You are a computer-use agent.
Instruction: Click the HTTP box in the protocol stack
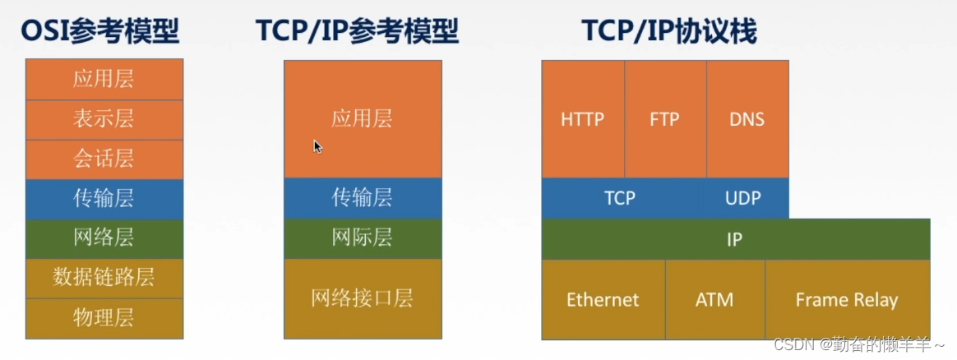[583, 119]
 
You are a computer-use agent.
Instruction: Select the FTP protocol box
[665, 119]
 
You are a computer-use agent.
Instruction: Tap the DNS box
[747, 119]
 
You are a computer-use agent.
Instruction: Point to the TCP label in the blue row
[619, 198]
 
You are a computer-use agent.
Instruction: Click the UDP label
[742, 198]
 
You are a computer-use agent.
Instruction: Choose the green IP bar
[736, 239]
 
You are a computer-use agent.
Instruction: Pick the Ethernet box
[603, 300]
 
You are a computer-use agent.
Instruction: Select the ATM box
[714, 300]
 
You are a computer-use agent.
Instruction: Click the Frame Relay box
[847, 300]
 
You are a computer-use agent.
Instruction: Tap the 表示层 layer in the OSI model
[104, 120]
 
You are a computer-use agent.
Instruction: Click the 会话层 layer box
[104, 159]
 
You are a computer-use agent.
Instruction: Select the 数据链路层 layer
[104, 279]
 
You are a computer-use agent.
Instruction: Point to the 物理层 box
[104, 319]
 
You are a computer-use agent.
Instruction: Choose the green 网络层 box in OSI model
[104, 238]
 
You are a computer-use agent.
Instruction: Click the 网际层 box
[363, 238]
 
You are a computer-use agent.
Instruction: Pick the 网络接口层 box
[363, 299]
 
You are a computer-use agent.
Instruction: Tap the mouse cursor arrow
[317, 145]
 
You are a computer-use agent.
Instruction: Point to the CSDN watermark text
[858, 344]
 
